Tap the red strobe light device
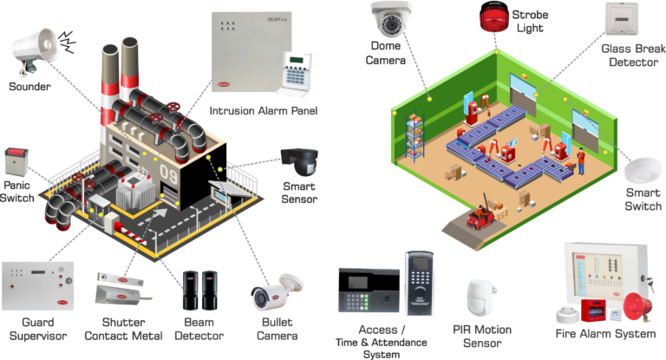tap(494, 17)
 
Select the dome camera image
tap(391, 19)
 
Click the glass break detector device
tap(622, 19)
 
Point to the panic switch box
tap(16, 162)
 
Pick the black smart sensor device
tap(300, 162)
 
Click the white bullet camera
tap(276, 292)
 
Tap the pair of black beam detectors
tap(200, 291)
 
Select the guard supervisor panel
tap(38, 286)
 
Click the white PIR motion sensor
tap(481, 298)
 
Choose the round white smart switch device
tap(643, 171)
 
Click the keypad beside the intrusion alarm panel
tap(296, 72)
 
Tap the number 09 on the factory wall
tap(168, 173)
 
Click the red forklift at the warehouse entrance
tap(480, 216)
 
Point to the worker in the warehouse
tap(581, 161)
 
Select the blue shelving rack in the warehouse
tap(415, 136)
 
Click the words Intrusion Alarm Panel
tap(264, 111)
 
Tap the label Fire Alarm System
tap(605, 334)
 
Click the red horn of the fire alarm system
tap(637, 308)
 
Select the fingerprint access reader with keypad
tap(419, 283)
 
